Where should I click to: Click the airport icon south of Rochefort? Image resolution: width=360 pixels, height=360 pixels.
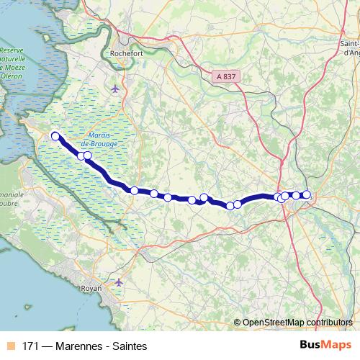click(116, 89)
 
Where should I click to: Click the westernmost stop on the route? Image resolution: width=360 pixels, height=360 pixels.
click(55, 135)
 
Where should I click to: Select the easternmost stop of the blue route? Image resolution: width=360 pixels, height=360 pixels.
click(306, 194)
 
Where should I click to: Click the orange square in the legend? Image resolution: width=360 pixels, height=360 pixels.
click(10, 346)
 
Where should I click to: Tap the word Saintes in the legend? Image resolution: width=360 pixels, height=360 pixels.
click(130, 346)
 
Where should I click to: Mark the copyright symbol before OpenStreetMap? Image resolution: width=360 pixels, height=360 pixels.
click(237, 322)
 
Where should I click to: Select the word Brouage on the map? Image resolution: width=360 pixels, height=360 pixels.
click(104, 143)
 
